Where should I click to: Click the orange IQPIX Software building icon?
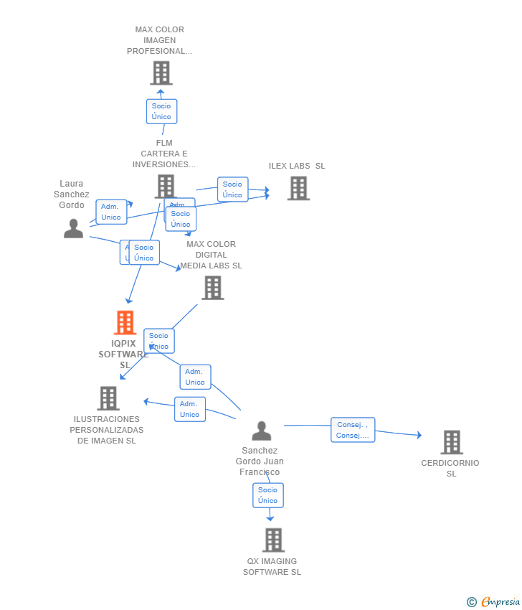pyautogui.click(x=125, y=323)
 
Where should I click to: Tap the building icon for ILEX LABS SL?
pyautogui.click(x=298, y=188)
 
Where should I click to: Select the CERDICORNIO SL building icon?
pyautogui.click(x=451, y=442)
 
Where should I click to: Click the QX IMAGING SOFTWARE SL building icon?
pyautogui.click(x=273, y=540)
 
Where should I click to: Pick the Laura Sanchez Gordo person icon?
pyautogui.click(x=73, y=228)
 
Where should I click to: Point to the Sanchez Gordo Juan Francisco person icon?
pyautogui.click(x=262, y=431)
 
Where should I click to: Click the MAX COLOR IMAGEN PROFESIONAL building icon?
pyautogui.click(x=161, y=72)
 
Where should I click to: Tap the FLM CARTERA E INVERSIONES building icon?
pyautogui.click(x=166, y=187)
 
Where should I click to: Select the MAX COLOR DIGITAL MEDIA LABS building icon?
pyautogui.click(x=212, y=288)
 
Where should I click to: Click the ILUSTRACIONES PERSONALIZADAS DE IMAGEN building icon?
pyautogui.click(x=108, y=398)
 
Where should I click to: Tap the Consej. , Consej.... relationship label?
pyautogui.click(x=353, y=430)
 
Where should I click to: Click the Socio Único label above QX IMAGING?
pyautogui.click(x=267, y=495)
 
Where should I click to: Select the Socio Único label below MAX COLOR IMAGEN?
pyautogui.click(x=161, y=111)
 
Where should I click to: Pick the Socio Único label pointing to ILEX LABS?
pyautogui.click(x=232, y=189)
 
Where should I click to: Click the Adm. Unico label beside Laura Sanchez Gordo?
pyautogui.click(x=111, y=212)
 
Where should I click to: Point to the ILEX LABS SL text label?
pyautogui.click(x=297, y=166)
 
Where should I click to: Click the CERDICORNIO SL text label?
pyautogui.click(x=450, y=468)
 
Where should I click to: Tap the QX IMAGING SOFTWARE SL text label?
pyautogui.click(x=272, y=567)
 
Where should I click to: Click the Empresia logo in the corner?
pyautogui.click(x=494, y=602)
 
